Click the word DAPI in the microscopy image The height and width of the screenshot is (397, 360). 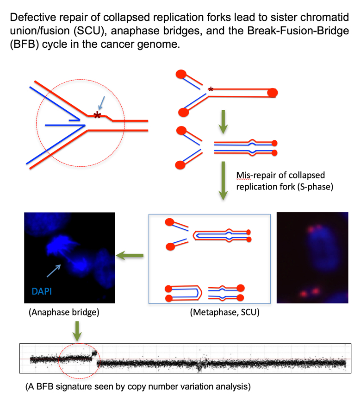(x=42, y=291)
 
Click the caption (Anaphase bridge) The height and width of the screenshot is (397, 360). (x=64, y=312)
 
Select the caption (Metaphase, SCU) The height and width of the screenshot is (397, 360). (x=225, y=312)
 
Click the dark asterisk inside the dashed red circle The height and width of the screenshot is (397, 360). (x=97, y=115)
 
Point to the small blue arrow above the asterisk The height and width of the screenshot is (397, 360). (x=101, y=103)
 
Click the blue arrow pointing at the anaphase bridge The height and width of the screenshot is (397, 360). (x=54, y=271)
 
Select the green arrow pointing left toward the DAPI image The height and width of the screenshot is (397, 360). (x=130, y=255)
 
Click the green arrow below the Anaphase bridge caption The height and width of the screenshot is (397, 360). (x=77, y=331)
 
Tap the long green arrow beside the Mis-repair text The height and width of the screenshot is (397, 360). (x=223, y=181)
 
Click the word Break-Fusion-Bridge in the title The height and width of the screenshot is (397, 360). (x=298, y=31)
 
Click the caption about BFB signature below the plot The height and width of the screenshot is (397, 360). (x=138, y=386)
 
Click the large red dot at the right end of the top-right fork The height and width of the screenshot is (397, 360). (x=273, y=92)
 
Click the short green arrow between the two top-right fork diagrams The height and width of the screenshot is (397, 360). (x=223, y=122)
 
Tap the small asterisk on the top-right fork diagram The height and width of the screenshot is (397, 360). (x=211, y=89)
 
